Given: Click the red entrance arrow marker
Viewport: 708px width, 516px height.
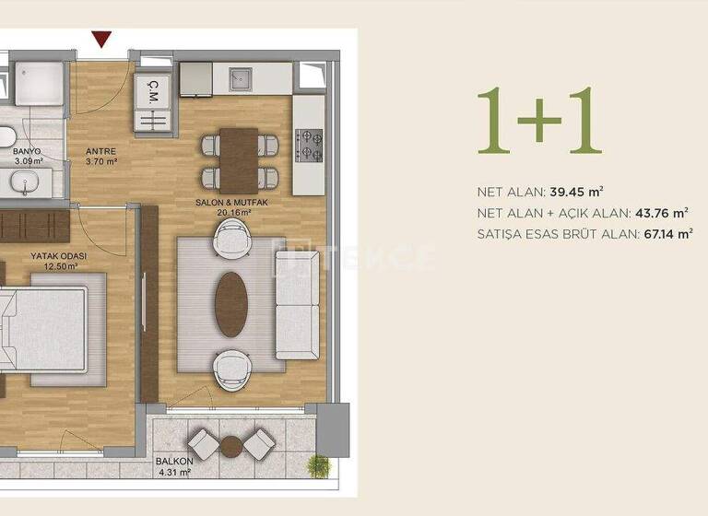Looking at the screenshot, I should point(102,40).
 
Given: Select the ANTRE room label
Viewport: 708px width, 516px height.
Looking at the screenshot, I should point(100,154).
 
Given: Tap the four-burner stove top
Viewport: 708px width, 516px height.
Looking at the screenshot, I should point(309,143).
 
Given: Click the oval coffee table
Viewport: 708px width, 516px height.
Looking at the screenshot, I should point(230,304).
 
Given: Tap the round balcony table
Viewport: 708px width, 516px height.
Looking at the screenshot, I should point(231,447).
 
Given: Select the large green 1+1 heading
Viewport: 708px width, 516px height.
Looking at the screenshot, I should point(539,122).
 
